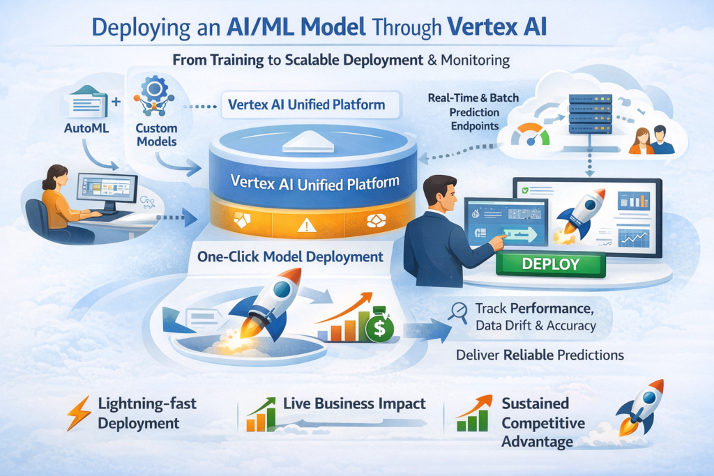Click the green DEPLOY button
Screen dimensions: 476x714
[x=549, y=264]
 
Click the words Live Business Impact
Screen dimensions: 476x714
[x=354, y=404]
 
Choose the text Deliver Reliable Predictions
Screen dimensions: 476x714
[x=539, y=355]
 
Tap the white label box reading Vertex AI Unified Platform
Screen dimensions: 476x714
[x=306, y=105]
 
